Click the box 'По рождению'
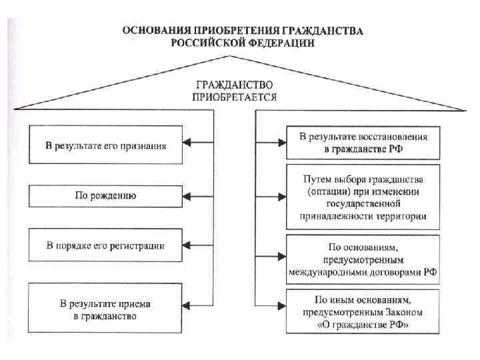(105, 196)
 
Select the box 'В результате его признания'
(105, 144)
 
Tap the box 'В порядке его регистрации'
(105, 245)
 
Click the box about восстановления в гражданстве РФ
(363, 143)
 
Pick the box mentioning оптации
(363, 198)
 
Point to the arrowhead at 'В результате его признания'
(189, 143)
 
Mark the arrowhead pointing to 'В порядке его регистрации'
(189, 245)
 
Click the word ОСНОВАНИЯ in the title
(153, 31)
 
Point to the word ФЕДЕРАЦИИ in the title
(277, 42)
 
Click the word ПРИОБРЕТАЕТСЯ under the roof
(235, 97)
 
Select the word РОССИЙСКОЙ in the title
(202, 42)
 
